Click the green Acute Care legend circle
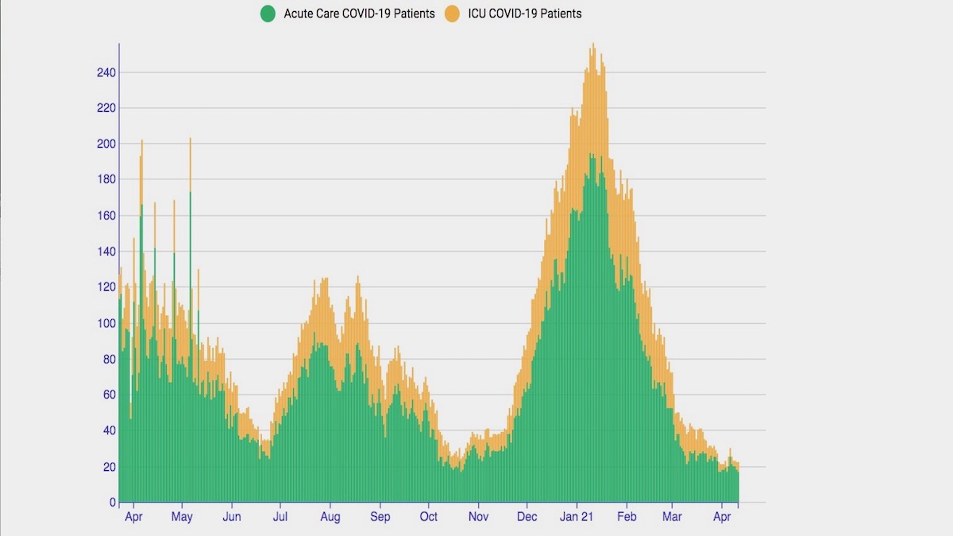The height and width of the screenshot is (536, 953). click(268, 13)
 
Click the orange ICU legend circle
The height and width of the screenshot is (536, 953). click(453, 13)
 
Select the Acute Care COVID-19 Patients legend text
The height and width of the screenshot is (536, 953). click(359, 13)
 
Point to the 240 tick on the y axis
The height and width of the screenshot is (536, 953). click(106, 72)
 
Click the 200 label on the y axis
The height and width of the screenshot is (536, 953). click(106, 144)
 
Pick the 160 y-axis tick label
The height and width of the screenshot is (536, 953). click(106, 215)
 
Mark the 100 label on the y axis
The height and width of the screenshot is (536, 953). click(106, 323)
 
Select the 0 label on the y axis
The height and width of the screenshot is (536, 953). click(112, 503)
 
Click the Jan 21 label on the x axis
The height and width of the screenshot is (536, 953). click(577, 517)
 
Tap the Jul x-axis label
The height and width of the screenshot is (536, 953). click(280, 517)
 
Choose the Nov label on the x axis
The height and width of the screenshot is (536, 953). click(478, 517)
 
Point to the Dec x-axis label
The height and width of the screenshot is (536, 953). click(527, 517)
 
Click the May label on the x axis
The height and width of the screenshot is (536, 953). click(182, 517)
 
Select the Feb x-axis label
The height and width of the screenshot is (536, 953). click(627, 517)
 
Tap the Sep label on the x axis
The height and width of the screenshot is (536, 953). click(380, 517)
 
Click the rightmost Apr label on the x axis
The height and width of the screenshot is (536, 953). click(722, 517)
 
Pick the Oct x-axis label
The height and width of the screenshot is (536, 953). click(428, 517)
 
